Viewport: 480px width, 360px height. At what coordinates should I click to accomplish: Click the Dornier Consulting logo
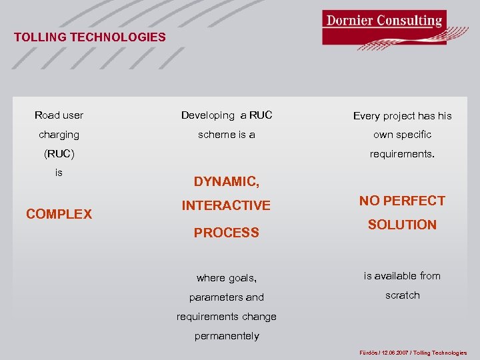384,27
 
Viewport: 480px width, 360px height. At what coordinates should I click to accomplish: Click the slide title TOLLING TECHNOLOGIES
89,37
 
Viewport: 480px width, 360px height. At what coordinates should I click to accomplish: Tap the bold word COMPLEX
59,214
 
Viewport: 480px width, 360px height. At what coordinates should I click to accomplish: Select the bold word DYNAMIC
225,181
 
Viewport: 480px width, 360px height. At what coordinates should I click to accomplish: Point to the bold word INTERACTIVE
226,206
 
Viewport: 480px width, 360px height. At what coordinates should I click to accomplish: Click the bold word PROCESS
226,233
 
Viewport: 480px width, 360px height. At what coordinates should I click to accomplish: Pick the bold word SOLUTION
402,225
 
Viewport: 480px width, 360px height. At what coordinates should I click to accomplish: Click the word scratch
402,295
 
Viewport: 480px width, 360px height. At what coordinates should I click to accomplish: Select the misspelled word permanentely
226,336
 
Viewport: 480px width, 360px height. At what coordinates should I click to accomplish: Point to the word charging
59,135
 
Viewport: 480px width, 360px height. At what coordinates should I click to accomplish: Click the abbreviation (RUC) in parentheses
59,154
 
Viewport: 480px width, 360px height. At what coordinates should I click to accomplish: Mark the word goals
242,278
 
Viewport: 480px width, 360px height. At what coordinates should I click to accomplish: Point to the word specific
413,135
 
